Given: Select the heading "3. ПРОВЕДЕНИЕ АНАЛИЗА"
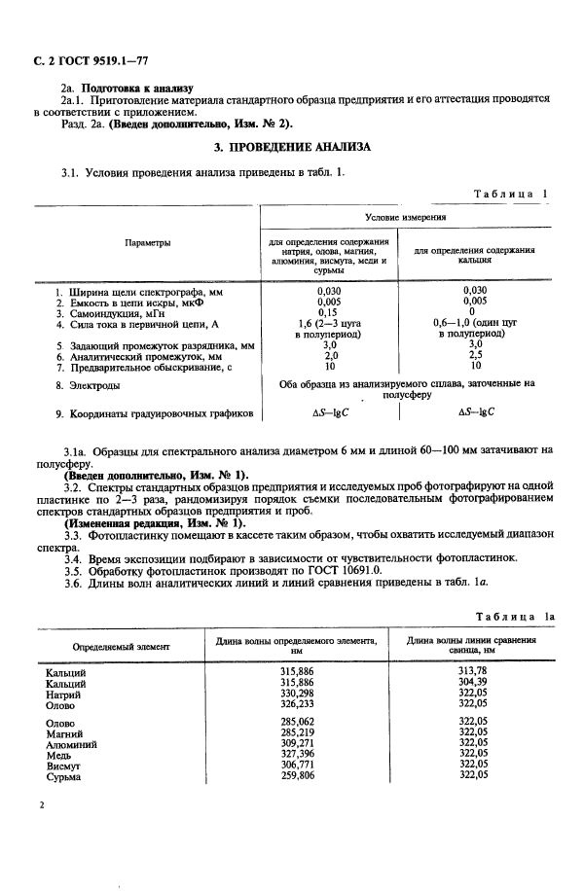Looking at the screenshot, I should point(291,147).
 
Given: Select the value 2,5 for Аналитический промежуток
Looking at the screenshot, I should point(476,357).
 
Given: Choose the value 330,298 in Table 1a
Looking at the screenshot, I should point(296,695).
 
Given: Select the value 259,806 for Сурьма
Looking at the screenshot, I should point(296,776).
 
